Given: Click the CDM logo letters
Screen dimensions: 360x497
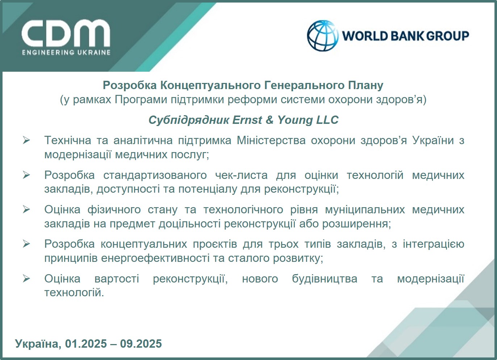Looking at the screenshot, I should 66,33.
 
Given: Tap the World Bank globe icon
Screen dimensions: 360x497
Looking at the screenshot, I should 322,35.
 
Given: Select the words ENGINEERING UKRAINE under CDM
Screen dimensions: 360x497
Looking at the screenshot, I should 66,53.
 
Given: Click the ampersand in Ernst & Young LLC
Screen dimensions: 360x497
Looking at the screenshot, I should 269,120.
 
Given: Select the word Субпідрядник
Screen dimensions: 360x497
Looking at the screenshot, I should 188,120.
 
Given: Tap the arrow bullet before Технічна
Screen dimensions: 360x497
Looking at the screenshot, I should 26,140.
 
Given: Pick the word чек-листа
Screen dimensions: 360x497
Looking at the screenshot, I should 241,175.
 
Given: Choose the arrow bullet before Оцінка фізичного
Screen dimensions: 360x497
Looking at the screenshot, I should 26,209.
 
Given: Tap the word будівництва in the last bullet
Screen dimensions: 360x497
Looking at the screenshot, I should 325,279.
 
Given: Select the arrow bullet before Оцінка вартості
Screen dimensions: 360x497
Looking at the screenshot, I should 26,279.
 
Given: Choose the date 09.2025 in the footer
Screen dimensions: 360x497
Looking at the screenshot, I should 141,344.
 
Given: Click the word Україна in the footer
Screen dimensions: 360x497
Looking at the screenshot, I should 37,344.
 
